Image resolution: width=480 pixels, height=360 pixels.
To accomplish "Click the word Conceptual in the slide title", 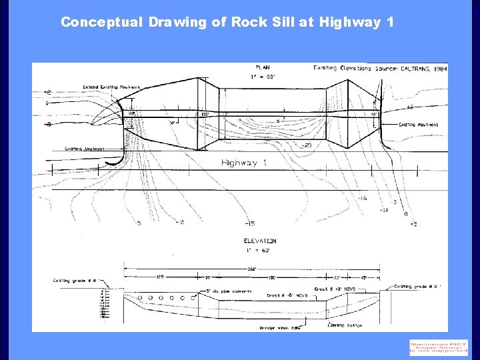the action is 101,22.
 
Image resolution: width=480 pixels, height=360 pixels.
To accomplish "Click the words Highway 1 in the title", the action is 357,22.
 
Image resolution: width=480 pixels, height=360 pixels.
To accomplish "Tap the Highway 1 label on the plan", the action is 244,163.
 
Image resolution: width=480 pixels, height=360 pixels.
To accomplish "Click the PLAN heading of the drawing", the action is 264,67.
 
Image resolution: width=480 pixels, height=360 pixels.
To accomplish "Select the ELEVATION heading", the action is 259,241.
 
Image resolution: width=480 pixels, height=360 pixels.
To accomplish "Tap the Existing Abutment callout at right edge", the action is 418,125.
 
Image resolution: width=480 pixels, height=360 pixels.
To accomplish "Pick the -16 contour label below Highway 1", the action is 361,198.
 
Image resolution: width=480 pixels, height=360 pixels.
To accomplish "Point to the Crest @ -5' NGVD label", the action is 287,295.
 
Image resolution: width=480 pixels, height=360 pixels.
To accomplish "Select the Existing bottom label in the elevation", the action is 345,325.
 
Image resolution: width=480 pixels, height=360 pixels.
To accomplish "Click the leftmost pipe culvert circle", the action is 139,297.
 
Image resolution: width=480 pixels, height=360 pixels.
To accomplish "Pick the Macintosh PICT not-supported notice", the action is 439,347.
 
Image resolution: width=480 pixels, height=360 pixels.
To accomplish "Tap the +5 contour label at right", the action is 413,223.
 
